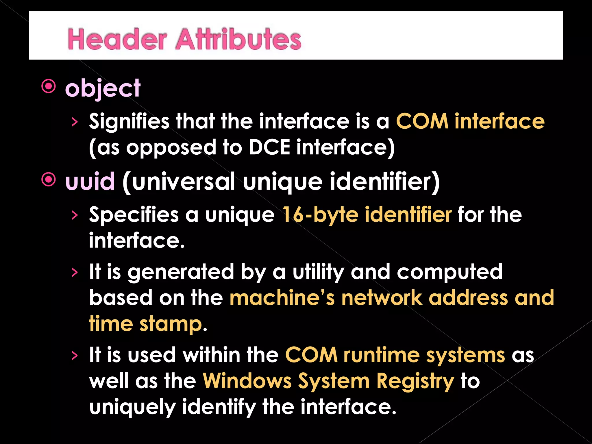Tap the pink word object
tap(103, 88)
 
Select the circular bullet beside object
tap(49, 86)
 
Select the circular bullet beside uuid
tap(49, 180)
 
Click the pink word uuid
tap(90, 182)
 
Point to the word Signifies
tap(129, 121)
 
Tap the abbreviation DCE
tap(269, 147)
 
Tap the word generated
tap(181, 272)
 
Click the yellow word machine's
tap(282, 298)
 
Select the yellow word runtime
tap(381, 355)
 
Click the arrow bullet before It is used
tap(75, 356)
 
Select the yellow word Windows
tap(247, 381)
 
